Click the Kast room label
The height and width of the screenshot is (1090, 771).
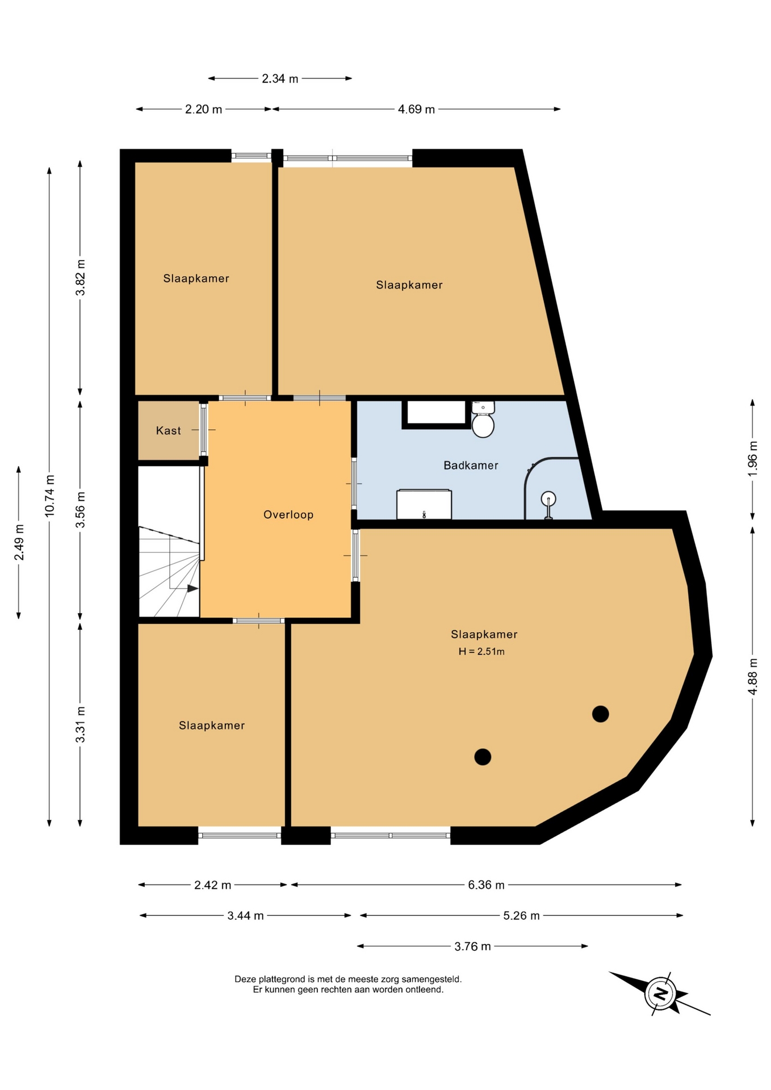pos(168,431)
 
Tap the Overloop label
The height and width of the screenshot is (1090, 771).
pos(288,515)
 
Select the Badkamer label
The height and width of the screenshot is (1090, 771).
pos(471,466)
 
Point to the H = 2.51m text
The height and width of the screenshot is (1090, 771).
pos(481,652)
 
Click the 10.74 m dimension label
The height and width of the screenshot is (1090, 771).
pos(49,496)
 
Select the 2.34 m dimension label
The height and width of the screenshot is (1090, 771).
pos(280,79)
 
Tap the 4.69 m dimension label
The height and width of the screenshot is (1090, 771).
pos(416,110)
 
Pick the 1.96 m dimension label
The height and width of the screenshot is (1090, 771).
pos(753,458)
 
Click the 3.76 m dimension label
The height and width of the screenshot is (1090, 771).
pos(472,946)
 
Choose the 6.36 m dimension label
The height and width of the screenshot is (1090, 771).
pos(486,885)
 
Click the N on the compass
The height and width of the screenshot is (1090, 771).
pos(661,993)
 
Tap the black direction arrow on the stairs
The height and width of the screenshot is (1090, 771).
pos(193,589)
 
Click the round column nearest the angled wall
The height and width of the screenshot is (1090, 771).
pos(601,714)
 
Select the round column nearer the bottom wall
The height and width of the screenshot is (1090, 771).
pos(483,757)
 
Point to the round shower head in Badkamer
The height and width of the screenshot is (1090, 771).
pos(548,499)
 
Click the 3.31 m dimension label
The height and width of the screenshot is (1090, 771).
pos(81,724)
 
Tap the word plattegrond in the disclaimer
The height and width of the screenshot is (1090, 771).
pos(282,979)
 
